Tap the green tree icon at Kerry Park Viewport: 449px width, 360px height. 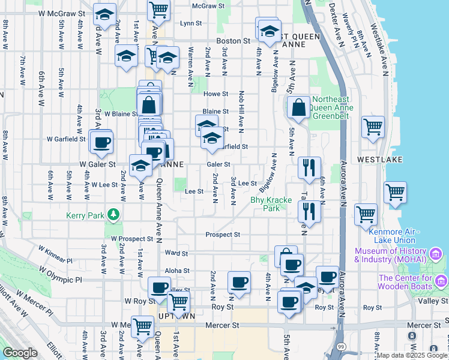point(112,214)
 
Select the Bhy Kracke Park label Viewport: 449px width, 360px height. point(265,204)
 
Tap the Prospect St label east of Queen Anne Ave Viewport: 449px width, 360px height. point(222,235)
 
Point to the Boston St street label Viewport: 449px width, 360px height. point(233,41)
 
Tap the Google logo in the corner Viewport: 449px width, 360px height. point(20,353)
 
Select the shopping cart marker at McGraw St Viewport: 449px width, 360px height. point(158,9)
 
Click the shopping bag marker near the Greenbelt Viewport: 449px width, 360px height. point(298,108)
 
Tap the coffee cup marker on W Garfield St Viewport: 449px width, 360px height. point(101,142)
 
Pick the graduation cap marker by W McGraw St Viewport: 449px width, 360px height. point(105,16)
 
